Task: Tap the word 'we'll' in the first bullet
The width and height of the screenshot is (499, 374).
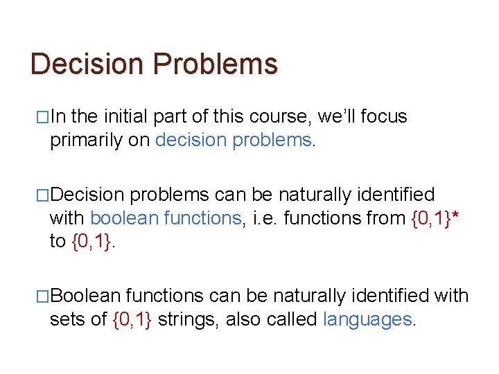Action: click(x=335, y=117)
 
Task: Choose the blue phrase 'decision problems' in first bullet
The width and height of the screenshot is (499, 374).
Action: click(x=234, y=141)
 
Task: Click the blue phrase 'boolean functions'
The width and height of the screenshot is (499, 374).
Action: click(x=165, y=218)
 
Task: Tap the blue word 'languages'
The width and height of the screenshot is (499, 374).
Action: click(x=367, y=319)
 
